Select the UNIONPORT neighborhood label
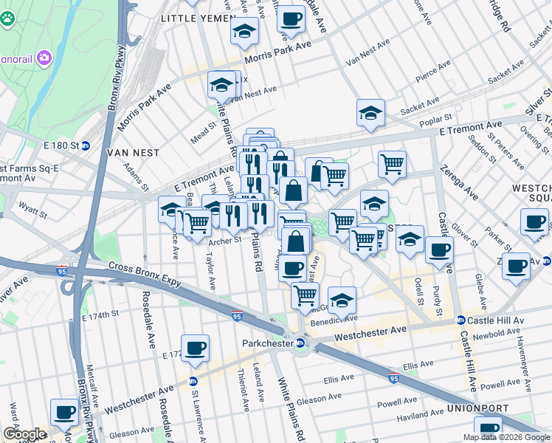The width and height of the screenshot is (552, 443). point(476,408)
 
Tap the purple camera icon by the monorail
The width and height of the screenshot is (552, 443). point(44,57)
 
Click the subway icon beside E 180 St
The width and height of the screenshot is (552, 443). point(86,145)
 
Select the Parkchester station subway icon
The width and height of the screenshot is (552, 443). point(300,343)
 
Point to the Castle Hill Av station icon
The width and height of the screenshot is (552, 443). point(460,320)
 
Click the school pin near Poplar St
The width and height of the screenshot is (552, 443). point(370,113)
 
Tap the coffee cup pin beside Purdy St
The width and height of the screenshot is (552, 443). point(439,250)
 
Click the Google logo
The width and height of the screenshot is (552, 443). point(24,435)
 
